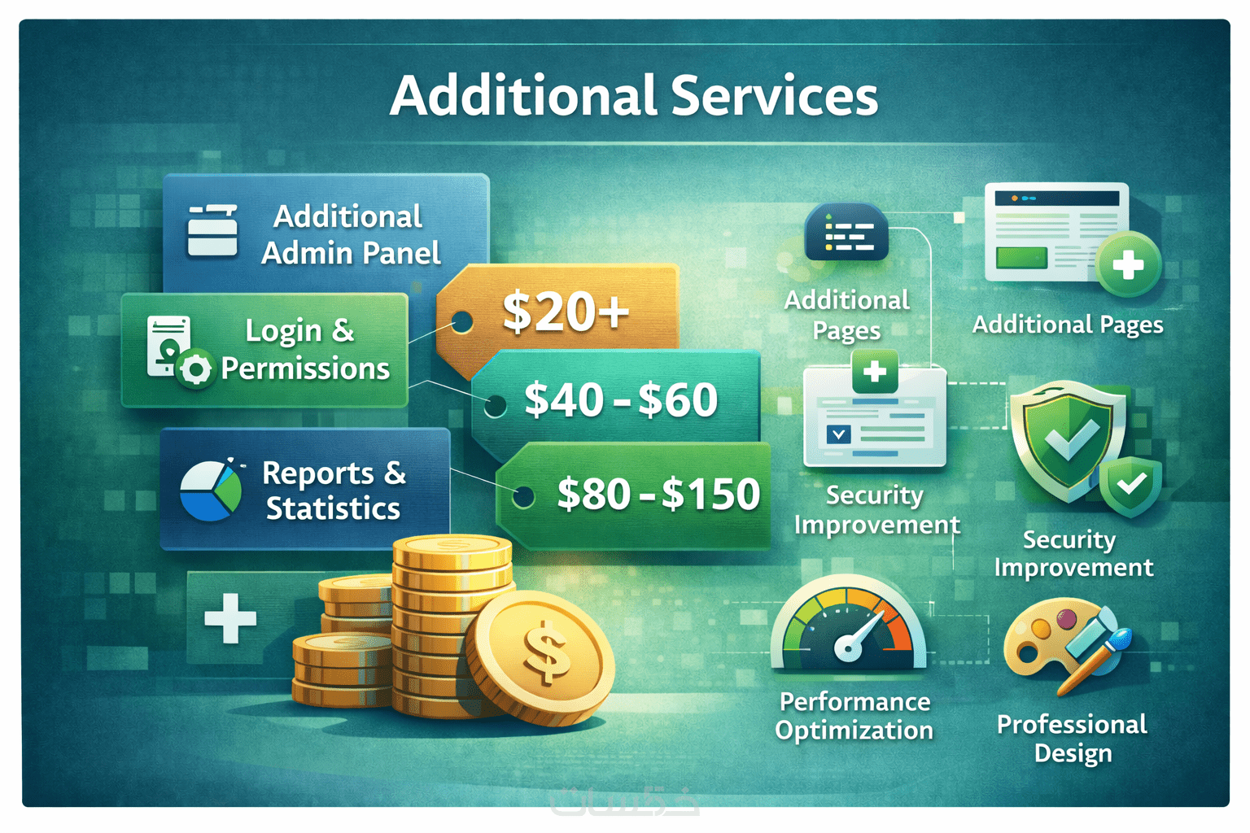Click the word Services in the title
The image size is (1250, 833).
pyautogui.click(x=774, y=96)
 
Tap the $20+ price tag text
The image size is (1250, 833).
pyautogui.click(x=566, y=312)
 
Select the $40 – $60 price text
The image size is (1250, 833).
pyautogui.click(x=621, y=399)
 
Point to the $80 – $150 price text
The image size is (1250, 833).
pyautogui.click(x=658, y=494)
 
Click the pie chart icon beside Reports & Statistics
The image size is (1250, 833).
pyautogui.click(x=211, y=491)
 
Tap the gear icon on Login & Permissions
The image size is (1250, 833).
pyautogui.click(x=194, y=369)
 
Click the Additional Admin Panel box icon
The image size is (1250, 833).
pyautogui.click(x=212, y=230)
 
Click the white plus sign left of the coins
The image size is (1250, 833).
pyautogui.click(x=230, y=617)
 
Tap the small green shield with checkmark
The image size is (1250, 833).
pyautogui.click(x=1130, y=486)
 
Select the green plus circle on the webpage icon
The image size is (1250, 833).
pyautogui.click(x=1128, y=264)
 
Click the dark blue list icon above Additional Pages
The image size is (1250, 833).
pyautogui.click(x=846, y=232)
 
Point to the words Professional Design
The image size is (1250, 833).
pyautogui.click(x=1072, y=738)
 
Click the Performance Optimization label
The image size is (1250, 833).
pyautogui.click(x=854, y=716)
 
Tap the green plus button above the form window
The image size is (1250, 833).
pyautogui.click(x=875, y=371)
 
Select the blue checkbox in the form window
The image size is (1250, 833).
pyautogui.click(x=838, y=434)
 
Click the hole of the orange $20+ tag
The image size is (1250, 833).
pyautogui.click(x=461, y=321)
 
